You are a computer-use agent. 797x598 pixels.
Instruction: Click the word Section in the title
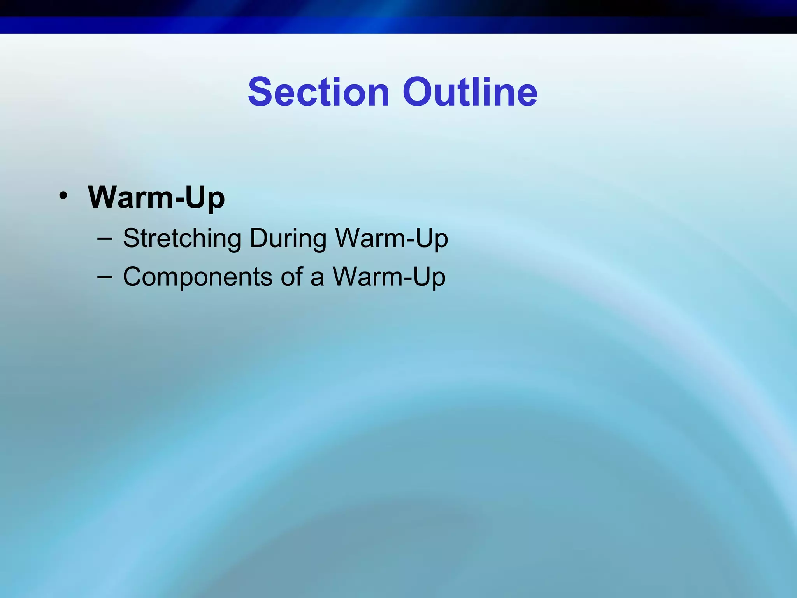pyautogui.click(x=318, y=92)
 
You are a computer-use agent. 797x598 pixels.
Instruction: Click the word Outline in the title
pyautogui.click(x=470, y=92)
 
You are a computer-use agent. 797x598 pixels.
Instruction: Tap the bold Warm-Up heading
pyautogui.click(x=156, y=198)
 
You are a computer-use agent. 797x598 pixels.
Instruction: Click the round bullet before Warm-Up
pyautogui.click(x=63, y=195)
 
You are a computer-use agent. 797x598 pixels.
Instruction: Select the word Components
pyautogui.click(x=198, y=277)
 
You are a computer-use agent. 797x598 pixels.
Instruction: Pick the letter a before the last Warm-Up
pyautogui.click(x=317, y=279)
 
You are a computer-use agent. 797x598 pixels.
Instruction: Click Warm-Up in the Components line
pyautogui.click(x=389, y=277)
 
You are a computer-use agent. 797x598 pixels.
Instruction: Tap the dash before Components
pyautogui.click(x=105, y=277)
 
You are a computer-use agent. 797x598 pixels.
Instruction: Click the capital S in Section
pyautogui.click(x=260, y=92)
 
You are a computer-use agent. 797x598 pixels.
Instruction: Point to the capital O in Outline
pyautogui.click(x=417, y=92)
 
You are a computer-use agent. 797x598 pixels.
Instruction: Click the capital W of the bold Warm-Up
pyautogui.click(x=104, y=197)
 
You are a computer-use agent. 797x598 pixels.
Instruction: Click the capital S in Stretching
pyautogui.click(x=132, y=238)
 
